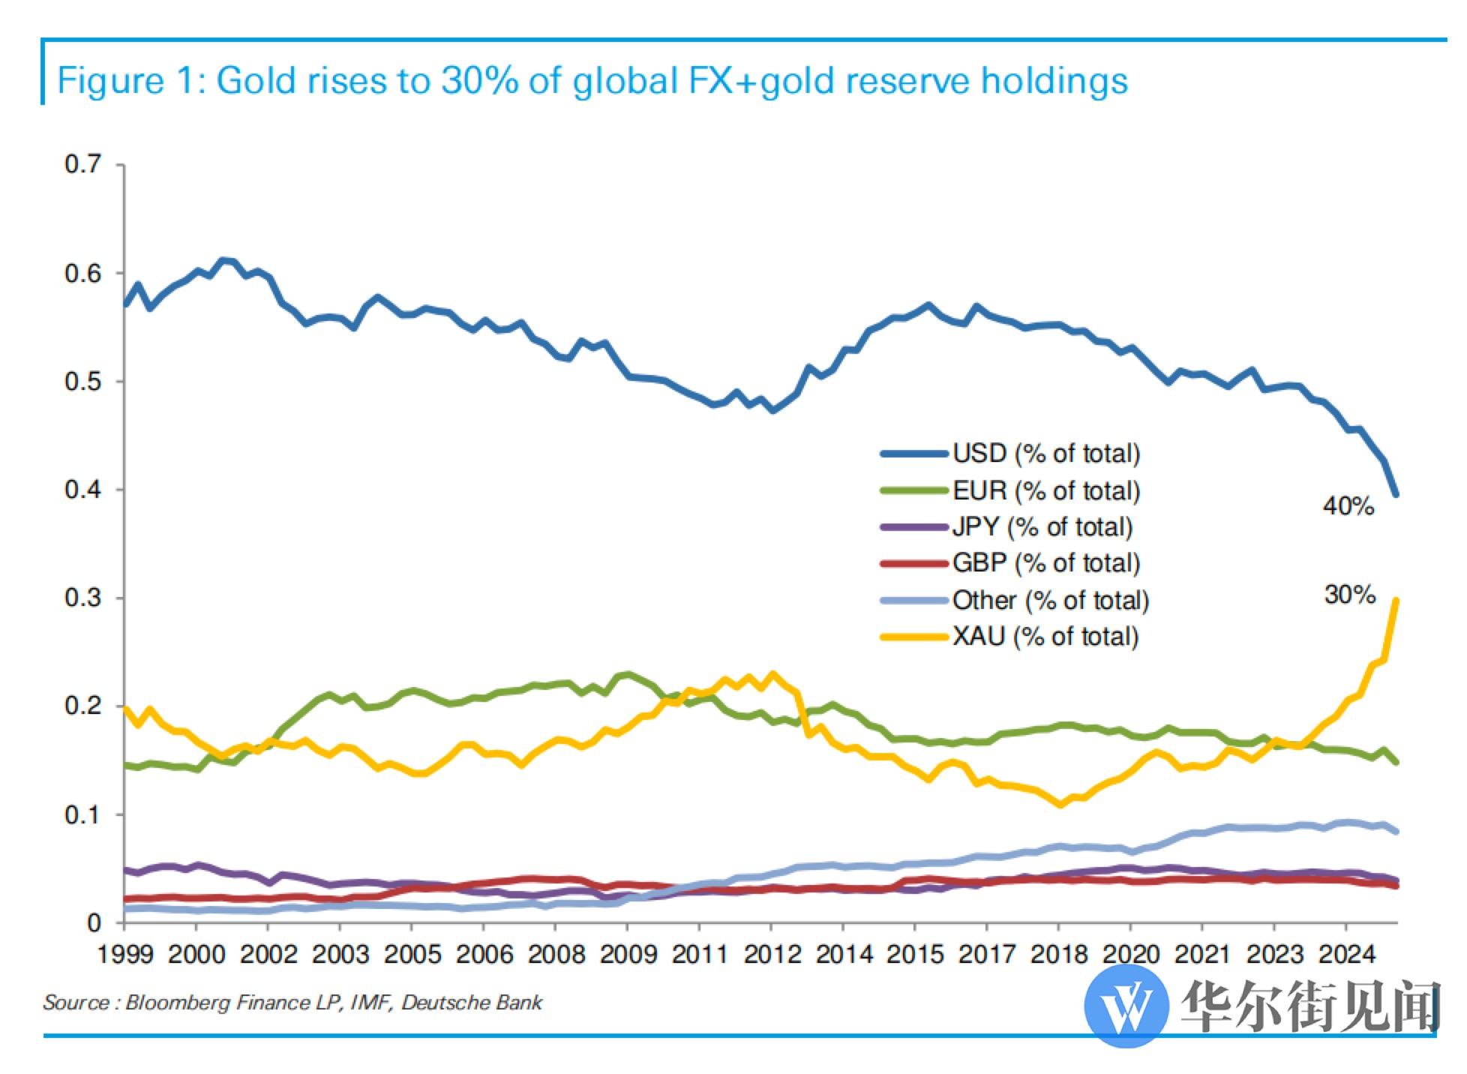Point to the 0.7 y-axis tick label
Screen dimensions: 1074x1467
coord(82,164)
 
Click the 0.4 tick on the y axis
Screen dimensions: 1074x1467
coord(82,490)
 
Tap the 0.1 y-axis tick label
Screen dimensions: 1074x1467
coord(82,814)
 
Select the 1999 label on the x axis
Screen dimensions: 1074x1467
coord(126,954)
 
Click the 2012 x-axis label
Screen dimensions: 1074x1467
coord(772,954)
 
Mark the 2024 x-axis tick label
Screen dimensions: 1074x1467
coord(1346,954)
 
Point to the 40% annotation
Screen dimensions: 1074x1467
coord(1348,506)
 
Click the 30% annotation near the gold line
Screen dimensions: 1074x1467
coord(1350,595)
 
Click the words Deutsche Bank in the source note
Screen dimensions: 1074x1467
coord(472,1003)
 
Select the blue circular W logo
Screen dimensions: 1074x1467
coord(1126,1005)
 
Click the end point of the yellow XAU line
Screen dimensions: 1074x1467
coord(1396,600)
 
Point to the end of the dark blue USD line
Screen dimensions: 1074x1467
coord(1396,494)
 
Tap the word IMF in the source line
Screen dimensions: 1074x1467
coord(370,1003)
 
